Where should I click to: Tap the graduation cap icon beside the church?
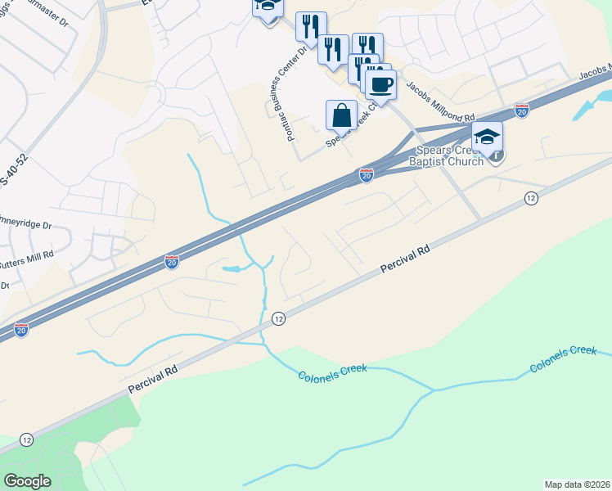(487, 136)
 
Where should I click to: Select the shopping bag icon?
(341, 115)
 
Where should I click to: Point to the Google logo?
(27, 481)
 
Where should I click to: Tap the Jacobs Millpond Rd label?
(440, 106)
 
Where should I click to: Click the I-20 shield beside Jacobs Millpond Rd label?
(521, 110)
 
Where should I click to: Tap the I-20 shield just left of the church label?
(367, 175)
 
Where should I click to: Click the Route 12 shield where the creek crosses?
(278, 318)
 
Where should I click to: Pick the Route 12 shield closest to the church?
(531, 198)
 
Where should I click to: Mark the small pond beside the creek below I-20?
(232, 268)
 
